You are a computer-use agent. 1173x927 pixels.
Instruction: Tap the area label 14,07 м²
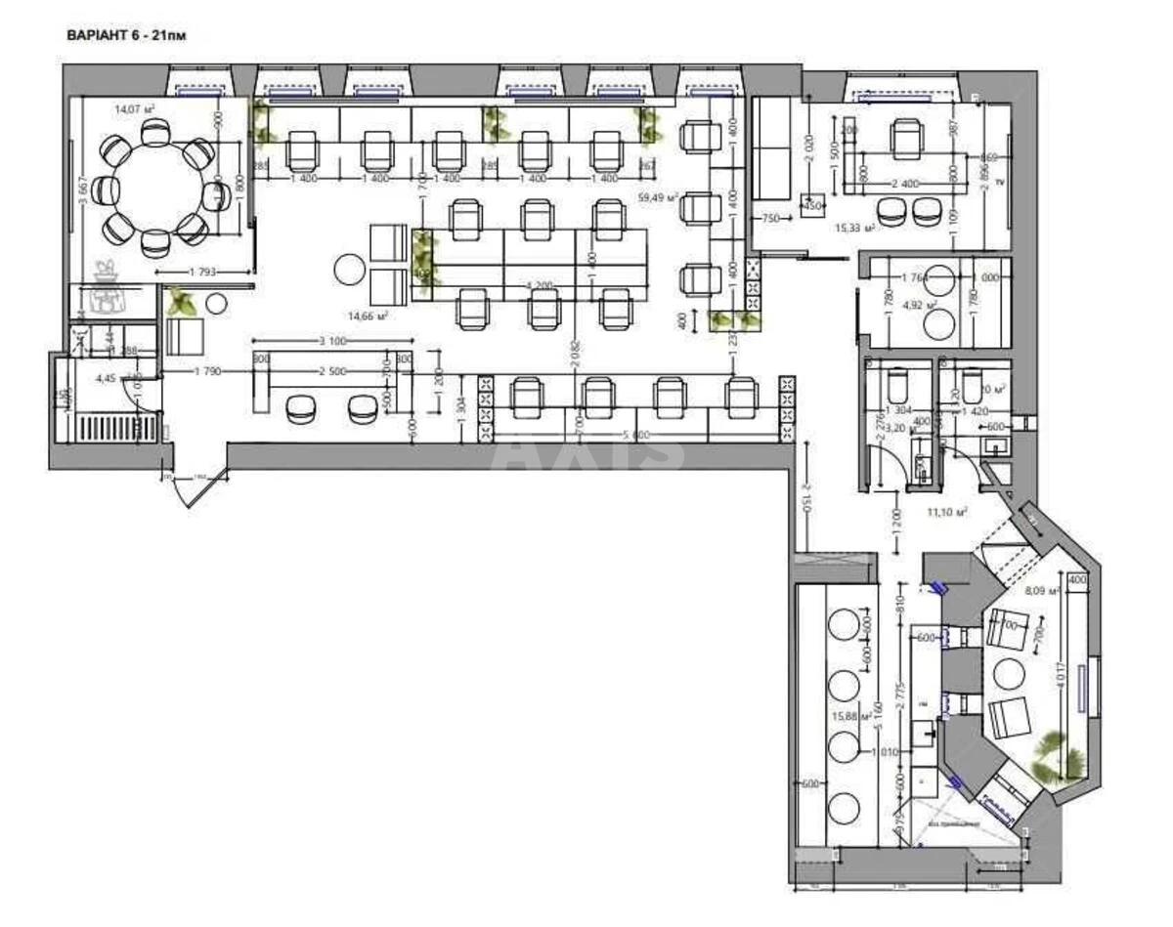(x=134, y=109)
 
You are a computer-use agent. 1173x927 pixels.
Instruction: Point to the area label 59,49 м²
(x=658, y=197)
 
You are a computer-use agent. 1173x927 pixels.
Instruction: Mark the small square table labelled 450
(x=812, y=205)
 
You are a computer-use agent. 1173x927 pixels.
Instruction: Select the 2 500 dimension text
(x=329, y=371)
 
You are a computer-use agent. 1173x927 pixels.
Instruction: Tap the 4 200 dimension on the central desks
(x=539, y=286)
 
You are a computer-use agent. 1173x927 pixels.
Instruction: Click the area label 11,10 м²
(x=946, y=511)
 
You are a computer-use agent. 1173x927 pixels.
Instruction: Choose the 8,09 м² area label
(x=1040, y=591)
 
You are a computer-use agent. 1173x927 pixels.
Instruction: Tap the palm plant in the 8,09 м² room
(x=1058, y=753)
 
